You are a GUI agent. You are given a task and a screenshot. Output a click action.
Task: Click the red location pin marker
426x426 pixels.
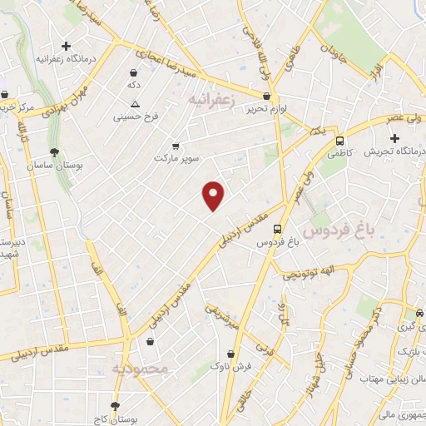214,195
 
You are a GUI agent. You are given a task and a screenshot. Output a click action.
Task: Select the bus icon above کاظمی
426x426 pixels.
339,141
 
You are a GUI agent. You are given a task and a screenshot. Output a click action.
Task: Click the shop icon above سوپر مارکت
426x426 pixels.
175,146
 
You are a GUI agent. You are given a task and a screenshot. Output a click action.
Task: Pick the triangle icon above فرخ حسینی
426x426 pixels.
135,103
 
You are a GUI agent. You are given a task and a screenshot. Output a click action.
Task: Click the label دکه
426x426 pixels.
132,86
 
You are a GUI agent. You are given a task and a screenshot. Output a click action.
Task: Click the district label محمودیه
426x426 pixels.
141,368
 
